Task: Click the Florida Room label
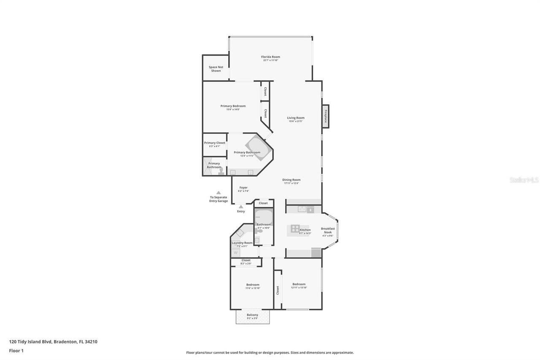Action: pyautogui.click(x=270, y=57)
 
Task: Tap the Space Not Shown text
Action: pyautogui.click(x=216, y=69)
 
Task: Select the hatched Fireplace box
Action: pyautogui.click(x=326, y=116)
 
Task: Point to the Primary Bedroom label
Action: pyautogui.click(x=233, y=106)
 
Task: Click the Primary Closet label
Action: pyautogui.click(x=215, y=143)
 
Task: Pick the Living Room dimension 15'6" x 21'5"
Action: pyautogui.click(x=296, y=122)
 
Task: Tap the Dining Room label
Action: pyautogui.click(x=291, y=180)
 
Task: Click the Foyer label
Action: pyautogui.click(x=243, y=187)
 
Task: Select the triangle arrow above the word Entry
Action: pyautogui.click(x=241, y=207)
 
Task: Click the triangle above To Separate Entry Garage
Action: pyautogui.click(x=219, y=192)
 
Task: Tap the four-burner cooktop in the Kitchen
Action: pyautogui.click(x=295, y=229)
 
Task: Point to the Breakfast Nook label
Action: pyautogui.click(x=328, y=230)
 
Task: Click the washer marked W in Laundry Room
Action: pyautogui.click(x=235, y=252)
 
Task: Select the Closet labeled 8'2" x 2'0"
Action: pyautogui.click(x=246, y=262)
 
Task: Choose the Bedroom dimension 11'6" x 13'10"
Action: pyautogui.click(x=253, y=288)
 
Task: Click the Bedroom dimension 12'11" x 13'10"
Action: pyautogui.click(x=299, y=288)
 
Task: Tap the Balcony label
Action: pyautogui.click(x=252, y=315)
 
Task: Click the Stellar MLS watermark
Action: pyautogui.click(x=524, y=180)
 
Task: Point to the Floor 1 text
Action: pyautogui.click(x=16, y=351)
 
